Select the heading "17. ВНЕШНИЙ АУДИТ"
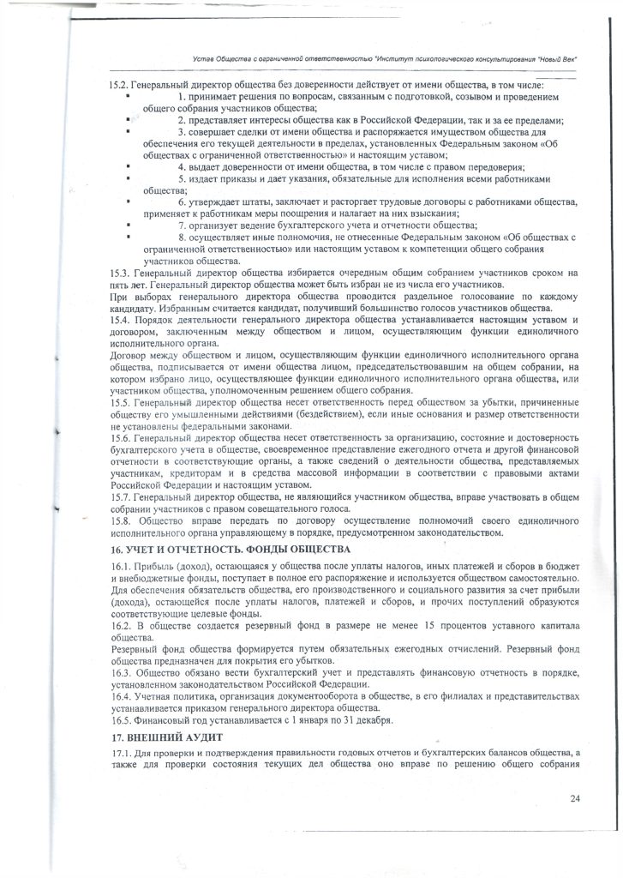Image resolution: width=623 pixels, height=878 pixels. tap(167, 737)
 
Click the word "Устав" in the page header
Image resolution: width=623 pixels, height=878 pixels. tap(207, 58)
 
